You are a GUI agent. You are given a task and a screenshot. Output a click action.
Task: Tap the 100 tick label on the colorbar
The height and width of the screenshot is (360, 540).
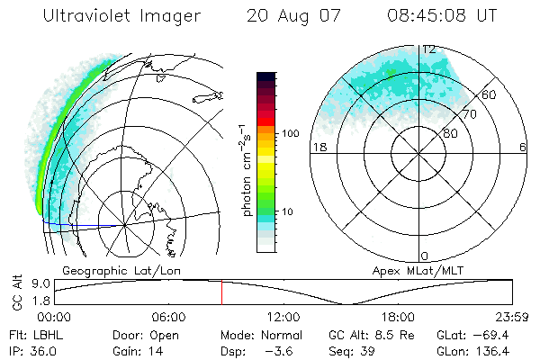[x=291, y=133]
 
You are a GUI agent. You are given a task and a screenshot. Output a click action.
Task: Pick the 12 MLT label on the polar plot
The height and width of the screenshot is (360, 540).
[x=429, y=50]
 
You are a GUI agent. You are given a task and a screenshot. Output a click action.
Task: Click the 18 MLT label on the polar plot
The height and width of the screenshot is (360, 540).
[x=318, y=148]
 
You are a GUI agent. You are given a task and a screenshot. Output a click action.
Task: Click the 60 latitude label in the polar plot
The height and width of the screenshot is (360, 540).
[x=490, y=94]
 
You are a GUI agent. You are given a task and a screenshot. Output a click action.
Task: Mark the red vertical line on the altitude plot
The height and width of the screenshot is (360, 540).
[x=221, y=292]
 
